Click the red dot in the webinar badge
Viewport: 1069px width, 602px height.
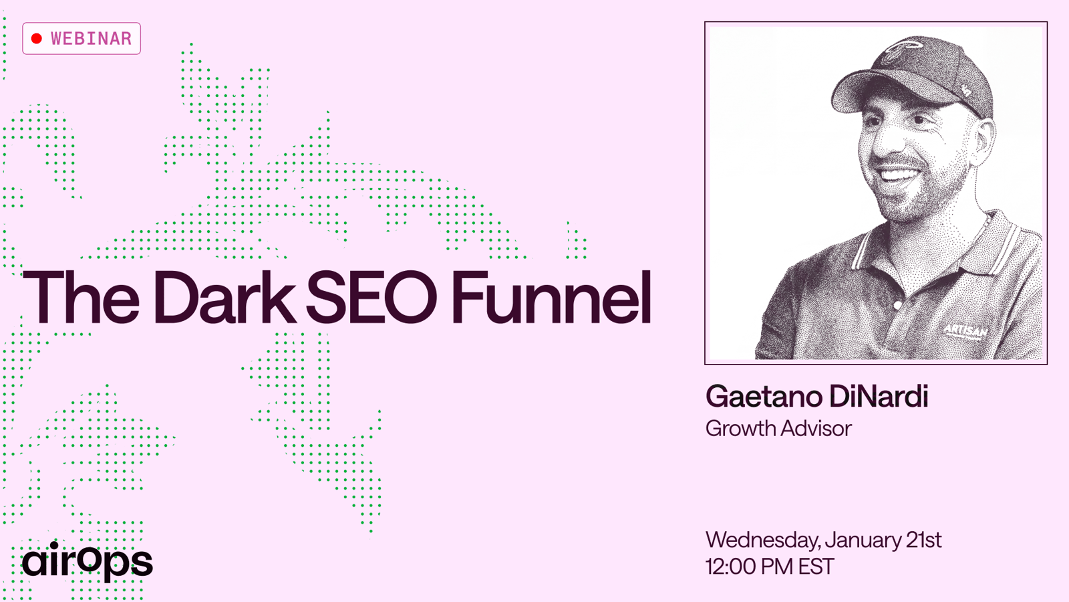37,39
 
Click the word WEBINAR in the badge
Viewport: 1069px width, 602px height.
91,39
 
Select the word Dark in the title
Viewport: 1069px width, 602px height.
224,297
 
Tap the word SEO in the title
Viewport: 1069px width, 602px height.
371,297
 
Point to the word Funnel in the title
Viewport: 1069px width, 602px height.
551,297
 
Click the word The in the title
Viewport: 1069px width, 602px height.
81,297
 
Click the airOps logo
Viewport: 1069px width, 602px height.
88,561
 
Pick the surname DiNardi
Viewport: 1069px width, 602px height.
879,396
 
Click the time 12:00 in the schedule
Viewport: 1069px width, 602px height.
731,567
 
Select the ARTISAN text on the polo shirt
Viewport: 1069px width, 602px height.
965,330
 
